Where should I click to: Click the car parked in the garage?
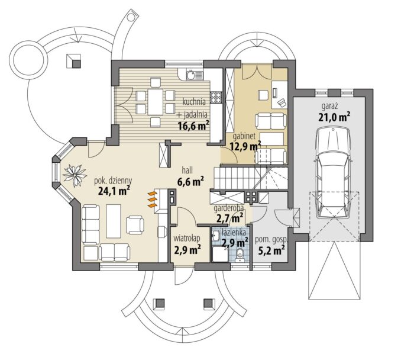pos(334,172)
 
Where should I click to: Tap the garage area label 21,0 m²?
pos(334,117)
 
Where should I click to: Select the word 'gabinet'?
pos(244,136)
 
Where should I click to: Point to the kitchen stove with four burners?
pos(216,97)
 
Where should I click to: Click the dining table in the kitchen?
pos(155,102)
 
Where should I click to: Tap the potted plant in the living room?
pos(75,175)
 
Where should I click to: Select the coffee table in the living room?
pos(114,221)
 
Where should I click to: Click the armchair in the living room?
pos(135,224)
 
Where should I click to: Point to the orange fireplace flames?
pos(153,200)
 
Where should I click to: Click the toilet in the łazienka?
pos(240,255)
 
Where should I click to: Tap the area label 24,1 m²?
pos(114,190)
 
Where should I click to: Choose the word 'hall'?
pos(187,170)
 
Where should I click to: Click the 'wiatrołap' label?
pos(187,238)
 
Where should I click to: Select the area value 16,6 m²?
pos(194,126)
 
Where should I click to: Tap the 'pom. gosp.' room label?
pos(271,240)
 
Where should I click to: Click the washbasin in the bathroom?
pos(215,235)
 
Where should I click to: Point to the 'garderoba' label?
pos(229,208)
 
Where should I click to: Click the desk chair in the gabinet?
pos(264,94)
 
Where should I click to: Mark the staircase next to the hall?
pos(250,178)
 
